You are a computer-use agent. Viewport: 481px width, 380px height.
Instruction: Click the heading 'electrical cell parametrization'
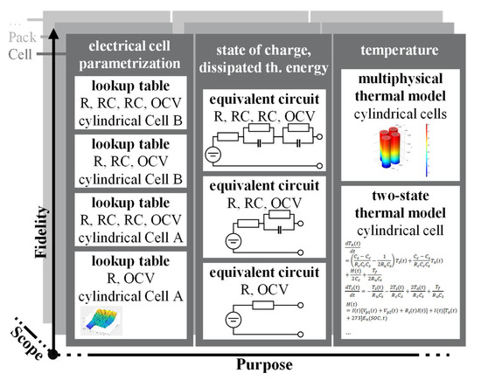point(129,55)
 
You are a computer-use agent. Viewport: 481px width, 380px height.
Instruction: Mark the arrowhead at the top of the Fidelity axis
point(55,33)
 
